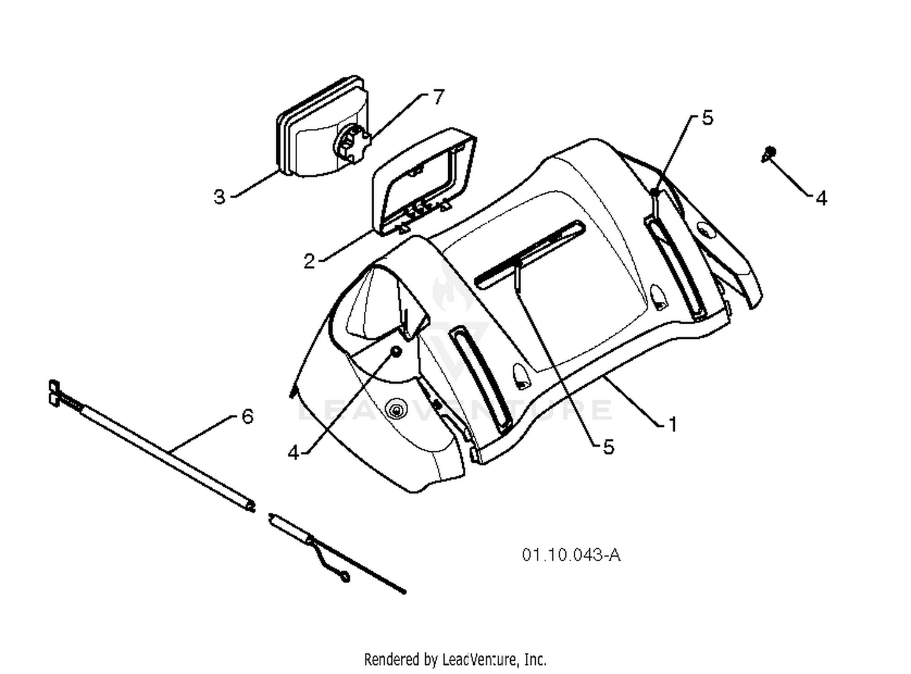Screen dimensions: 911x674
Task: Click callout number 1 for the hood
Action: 672,424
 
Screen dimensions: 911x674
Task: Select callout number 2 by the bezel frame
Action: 309,261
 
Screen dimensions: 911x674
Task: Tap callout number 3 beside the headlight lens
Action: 220,197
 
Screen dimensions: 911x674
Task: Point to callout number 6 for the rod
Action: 247,417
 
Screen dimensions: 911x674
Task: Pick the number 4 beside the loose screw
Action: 821,198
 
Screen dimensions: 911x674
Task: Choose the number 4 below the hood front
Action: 294,453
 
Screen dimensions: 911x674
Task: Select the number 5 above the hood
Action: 708,118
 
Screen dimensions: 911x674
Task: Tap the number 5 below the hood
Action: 609,447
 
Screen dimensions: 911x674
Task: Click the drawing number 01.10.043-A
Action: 571,555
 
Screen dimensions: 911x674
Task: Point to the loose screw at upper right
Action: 768,154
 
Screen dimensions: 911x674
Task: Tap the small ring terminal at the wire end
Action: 346,577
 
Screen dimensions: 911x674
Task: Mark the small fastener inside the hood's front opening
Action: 396,352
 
